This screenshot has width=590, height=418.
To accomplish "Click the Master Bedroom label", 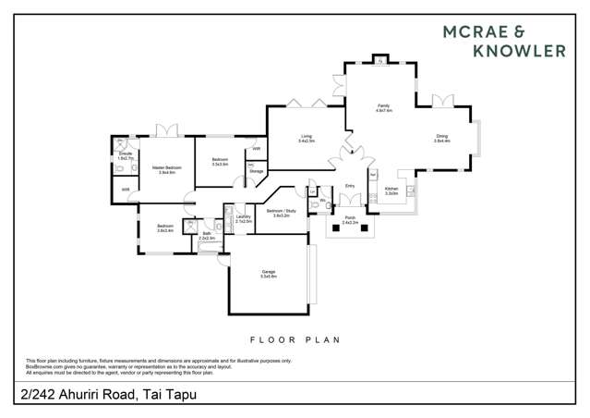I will (x=167, y=169).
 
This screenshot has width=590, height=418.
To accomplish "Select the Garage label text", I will (x=269, y=274).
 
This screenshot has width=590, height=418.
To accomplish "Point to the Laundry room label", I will (x=244, y=219).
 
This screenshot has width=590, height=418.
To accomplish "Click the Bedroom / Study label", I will (x=281, y=213).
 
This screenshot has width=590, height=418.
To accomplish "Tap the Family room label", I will (x=383, y=107).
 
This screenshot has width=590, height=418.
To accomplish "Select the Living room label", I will (x=306, y=139).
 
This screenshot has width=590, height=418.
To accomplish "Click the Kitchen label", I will (x=391, y=191).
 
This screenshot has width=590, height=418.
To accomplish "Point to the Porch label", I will (x=350, y=221).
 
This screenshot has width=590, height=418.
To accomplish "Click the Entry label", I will (x=350, y=186).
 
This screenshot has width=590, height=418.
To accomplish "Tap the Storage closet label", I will (x=256, y=171).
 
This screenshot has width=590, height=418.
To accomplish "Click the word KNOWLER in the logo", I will (x=518, y=51).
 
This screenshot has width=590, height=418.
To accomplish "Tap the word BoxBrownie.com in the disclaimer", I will (x=44, y=366).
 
